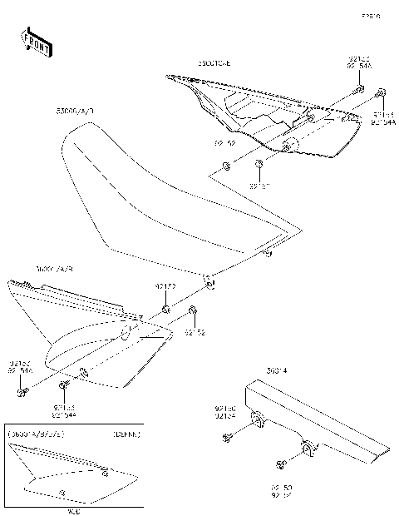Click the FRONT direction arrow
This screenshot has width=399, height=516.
click(x=32, y=39)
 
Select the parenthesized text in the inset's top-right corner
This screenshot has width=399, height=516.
click(x=126, y=434)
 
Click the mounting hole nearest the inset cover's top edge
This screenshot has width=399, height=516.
click(x=104, y=473)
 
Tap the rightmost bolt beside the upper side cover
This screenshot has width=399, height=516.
click(x=380, y=92)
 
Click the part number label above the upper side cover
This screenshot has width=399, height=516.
click(x=215, y=63)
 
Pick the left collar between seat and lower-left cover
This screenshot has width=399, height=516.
click(x=165, y=310)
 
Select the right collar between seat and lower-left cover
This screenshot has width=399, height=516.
click(x=192, y=312)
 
